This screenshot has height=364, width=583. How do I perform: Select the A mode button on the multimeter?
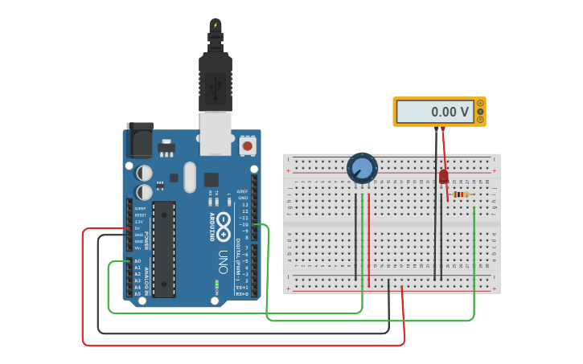[x=481, y=103]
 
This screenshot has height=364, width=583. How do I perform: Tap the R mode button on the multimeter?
[x=481, y=120]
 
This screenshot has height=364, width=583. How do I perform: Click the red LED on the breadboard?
[x=443, y=176]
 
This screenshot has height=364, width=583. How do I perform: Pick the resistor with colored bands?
[x=461, y=194]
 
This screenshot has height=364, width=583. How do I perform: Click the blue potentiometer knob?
[x=362, y=168]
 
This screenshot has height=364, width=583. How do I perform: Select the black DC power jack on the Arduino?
[x=140, y=142]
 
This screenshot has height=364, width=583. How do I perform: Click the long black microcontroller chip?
[x=164, y=249]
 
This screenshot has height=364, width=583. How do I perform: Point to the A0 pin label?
[x=138, y=261]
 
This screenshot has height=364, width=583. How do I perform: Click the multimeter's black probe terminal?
[x=436, y=129]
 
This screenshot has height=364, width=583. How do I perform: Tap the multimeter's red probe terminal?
[x=442, y=129]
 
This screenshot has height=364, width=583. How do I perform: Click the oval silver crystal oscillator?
[x=189, y=178]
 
